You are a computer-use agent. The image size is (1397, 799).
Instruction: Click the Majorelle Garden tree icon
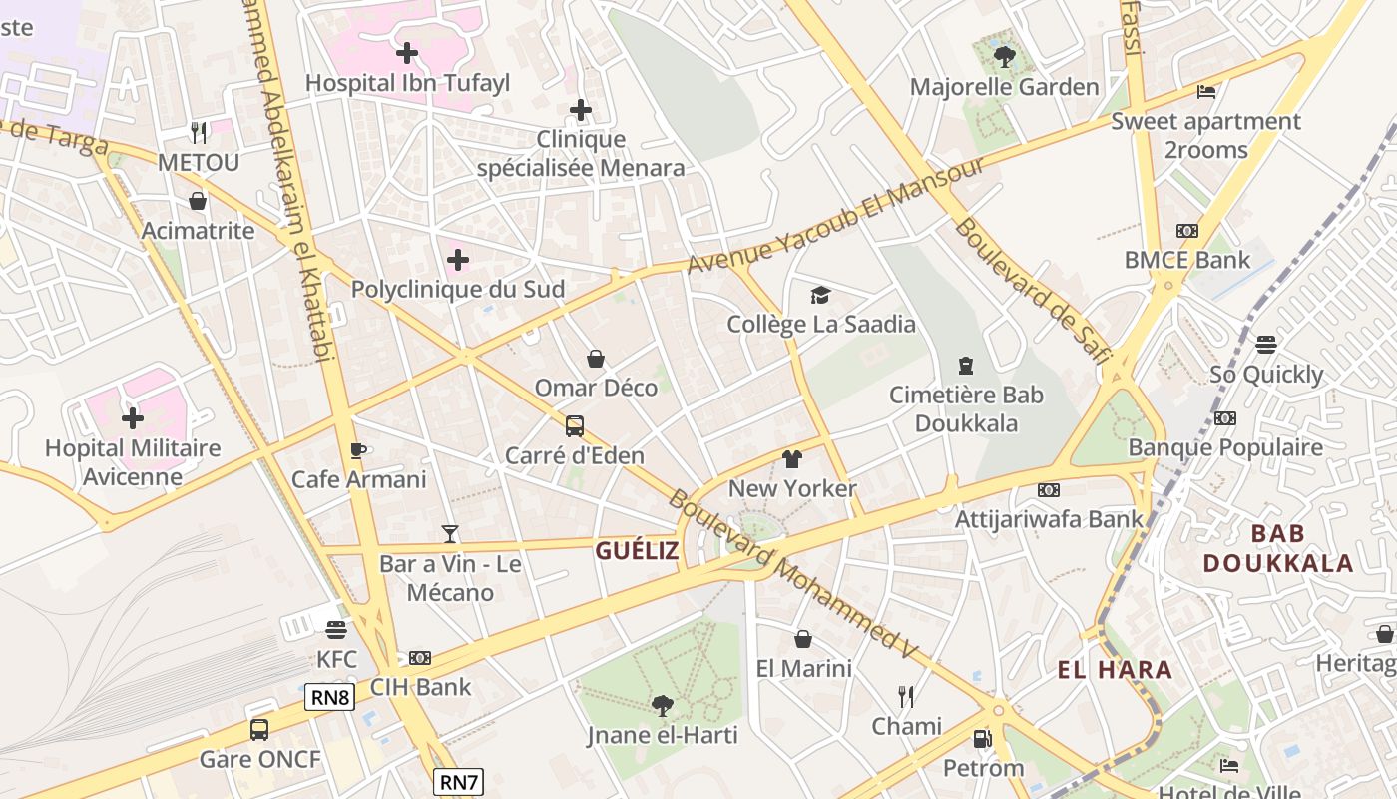[x=1004, y=56]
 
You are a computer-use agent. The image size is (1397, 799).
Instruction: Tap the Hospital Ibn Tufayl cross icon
[x=407, y=52]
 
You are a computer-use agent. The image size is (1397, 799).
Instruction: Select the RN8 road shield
[x=329, y=697]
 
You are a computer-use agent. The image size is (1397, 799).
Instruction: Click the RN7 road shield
[x=459, y=781]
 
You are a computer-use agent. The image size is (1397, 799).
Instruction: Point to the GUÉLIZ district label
[x=637, y=550]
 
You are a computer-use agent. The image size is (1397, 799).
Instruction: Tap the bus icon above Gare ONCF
[x=259, y=729]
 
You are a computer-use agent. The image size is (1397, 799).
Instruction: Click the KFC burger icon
[x=336, y=630]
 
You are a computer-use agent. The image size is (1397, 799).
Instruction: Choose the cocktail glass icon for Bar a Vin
[x=450, y=534]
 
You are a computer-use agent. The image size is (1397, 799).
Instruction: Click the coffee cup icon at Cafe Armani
[x=358, y=450]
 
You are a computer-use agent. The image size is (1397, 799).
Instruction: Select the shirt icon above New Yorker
[x=792, y=459]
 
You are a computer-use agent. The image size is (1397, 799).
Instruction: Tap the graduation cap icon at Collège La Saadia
[x=820, y=295]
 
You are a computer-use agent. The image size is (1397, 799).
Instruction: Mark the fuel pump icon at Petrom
[x=983, y=739]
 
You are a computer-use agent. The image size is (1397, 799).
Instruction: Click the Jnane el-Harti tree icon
[x=662, y=706]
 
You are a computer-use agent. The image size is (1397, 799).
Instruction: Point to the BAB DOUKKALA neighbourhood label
[x=1277, y=548]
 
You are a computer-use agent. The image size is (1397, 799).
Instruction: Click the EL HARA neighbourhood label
[x=1115, y=669]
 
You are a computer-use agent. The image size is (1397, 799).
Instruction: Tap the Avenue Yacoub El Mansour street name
[x=836, y=215]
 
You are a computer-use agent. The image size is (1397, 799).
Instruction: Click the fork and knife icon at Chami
[x=906, y=696]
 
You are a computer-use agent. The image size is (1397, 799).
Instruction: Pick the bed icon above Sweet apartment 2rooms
[x=1205, y=92]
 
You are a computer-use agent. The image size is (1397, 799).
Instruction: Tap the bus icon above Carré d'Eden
[x=575, y=426]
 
